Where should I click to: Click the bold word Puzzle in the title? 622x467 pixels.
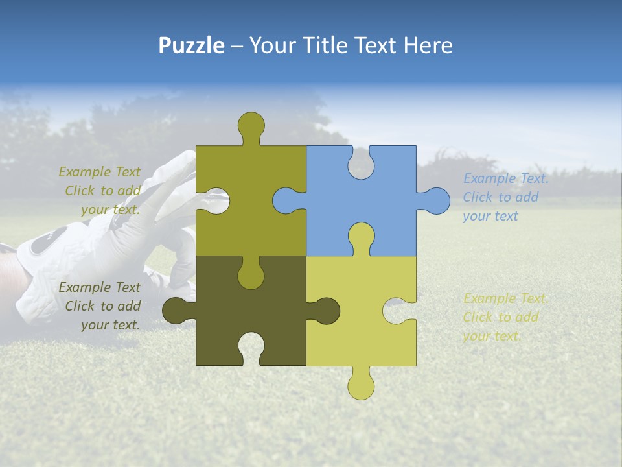click(x=192, y=45)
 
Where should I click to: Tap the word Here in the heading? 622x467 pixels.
click(x=428, y=45)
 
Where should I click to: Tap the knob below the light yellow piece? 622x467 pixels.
click(x=361, y=387)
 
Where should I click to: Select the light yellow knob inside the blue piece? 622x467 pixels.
click(x=361, y=236)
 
